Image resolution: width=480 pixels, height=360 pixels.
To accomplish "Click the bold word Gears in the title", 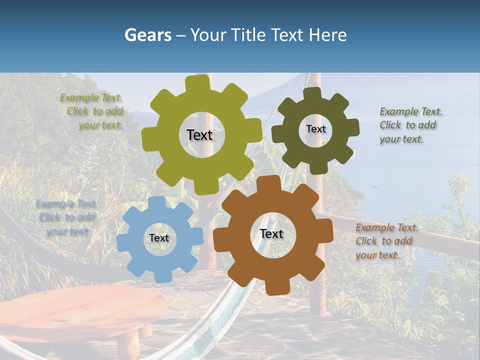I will coord(147,35).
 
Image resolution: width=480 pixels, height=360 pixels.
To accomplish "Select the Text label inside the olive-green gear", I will coord(199,135).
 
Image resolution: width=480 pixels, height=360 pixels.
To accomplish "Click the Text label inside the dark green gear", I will coord(315,129).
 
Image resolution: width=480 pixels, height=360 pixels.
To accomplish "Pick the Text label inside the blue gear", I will coord(159,238).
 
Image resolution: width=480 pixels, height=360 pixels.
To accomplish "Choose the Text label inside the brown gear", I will coord(271,233).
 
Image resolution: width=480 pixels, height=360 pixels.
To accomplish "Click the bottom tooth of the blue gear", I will coord(160,274).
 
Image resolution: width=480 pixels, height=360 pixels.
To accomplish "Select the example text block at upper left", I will coord(93,111).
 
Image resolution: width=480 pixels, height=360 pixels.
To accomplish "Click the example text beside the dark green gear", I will coord(410,125).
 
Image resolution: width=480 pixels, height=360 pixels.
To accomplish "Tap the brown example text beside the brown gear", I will coord(386,241).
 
